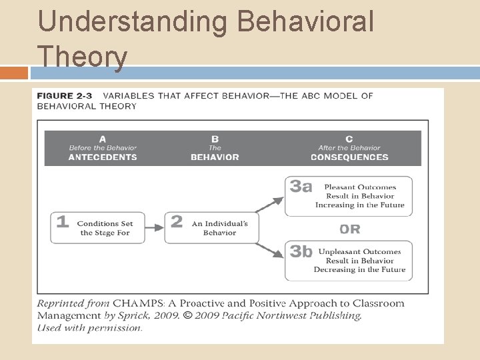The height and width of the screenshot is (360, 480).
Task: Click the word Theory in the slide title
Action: pos(82,57)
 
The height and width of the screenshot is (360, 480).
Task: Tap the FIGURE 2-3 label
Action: pos(65,96)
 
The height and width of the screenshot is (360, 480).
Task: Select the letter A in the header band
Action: pos(103,139)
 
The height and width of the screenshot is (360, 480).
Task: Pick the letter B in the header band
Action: pos(215,139)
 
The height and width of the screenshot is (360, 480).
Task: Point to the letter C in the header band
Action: pos(349,139)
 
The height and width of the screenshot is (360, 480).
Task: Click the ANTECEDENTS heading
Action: pos(103,157)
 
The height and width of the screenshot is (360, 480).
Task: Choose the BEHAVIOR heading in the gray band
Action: pos(215,157)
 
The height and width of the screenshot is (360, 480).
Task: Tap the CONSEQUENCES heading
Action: pos(349,157)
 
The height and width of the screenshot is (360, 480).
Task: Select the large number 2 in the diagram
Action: pos(177,223)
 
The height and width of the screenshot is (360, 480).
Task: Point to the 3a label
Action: pos(301,187)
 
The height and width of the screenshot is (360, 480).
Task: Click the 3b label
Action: pos(301,252)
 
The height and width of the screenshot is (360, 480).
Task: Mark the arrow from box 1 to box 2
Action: pos(155,228)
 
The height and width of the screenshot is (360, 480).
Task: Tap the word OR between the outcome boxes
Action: pos(350,229)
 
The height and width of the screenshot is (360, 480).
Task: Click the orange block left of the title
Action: pos(14,73)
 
